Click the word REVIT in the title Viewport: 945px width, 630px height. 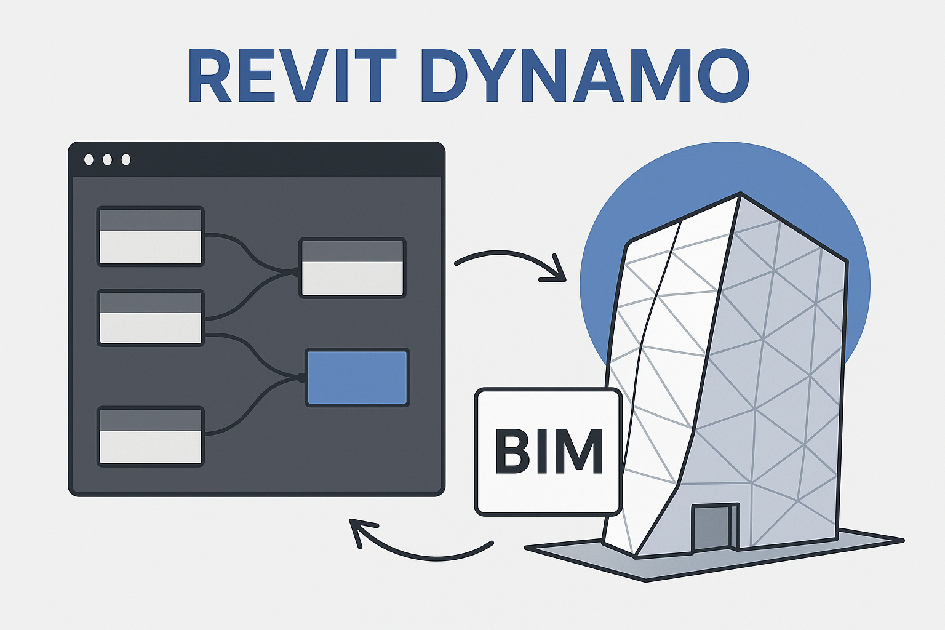pos(292,75)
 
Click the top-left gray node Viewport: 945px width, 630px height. pos(151,236)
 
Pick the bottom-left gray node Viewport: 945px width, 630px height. pos(151,436)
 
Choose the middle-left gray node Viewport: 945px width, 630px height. pos(151,317)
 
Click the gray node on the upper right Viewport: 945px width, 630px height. pos(353,268)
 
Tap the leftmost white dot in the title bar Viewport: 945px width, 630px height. pos(89,159)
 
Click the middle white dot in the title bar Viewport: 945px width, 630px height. pos(107,159)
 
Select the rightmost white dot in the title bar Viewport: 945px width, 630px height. pos(126,159)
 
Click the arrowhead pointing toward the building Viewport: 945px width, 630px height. pos(557,270)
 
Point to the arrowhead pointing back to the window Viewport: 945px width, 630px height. pos(361,532)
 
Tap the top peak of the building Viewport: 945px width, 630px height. pos(740,193)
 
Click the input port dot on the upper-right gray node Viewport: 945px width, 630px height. pos(295,272)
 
